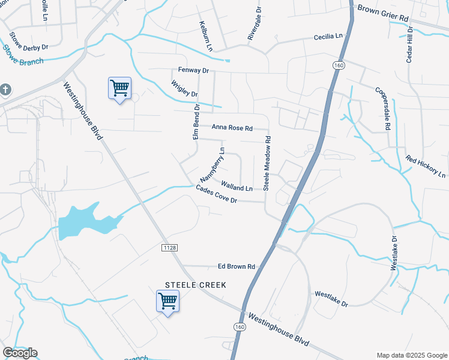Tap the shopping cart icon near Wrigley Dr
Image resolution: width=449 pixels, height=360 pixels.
point(119,89)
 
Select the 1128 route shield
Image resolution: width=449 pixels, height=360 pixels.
point(169,247)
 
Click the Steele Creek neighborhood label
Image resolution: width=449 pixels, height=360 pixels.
point(196,285)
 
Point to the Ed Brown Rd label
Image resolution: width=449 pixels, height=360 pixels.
point(237,266)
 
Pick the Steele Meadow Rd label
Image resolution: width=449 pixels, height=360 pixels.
point(268,163)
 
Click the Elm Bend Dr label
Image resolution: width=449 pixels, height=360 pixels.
point(196,121)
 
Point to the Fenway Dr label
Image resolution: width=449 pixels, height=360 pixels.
point(193,70)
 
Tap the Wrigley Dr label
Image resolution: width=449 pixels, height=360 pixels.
point(184,89)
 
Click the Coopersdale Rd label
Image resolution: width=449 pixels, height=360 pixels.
point(384,108)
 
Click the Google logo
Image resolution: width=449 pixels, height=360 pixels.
point(20,353)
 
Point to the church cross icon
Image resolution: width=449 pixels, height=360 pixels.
point(5,90)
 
